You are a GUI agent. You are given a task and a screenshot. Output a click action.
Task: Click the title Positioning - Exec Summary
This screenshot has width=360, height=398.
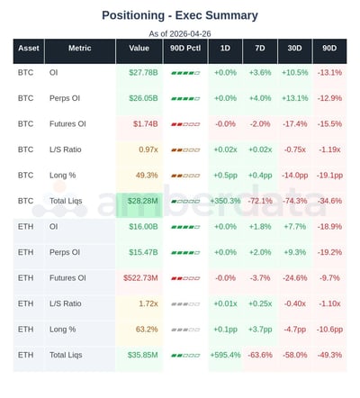179,15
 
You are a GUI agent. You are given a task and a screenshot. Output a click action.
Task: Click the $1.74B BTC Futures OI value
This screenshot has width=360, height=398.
145,123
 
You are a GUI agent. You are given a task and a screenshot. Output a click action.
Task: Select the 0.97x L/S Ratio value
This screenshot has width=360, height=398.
148,149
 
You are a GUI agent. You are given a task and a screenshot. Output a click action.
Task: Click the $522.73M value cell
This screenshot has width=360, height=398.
140,278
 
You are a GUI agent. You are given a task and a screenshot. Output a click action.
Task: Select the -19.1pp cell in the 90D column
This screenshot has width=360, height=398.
328,175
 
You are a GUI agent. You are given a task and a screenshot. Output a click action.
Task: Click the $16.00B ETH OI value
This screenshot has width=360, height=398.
144,227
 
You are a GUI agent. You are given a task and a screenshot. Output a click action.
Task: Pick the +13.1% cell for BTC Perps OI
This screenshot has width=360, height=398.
294,98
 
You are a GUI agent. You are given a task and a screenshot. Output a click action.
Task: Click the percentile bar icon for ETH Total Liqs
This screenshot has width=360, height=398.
184,355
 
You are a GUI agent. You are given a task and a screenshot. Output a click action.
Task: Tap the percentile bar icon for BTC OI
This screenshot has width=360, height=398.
184,72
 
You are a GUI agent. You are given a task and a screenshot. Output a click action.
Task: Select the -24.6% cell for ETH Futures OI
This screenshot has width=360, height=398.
294,278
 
